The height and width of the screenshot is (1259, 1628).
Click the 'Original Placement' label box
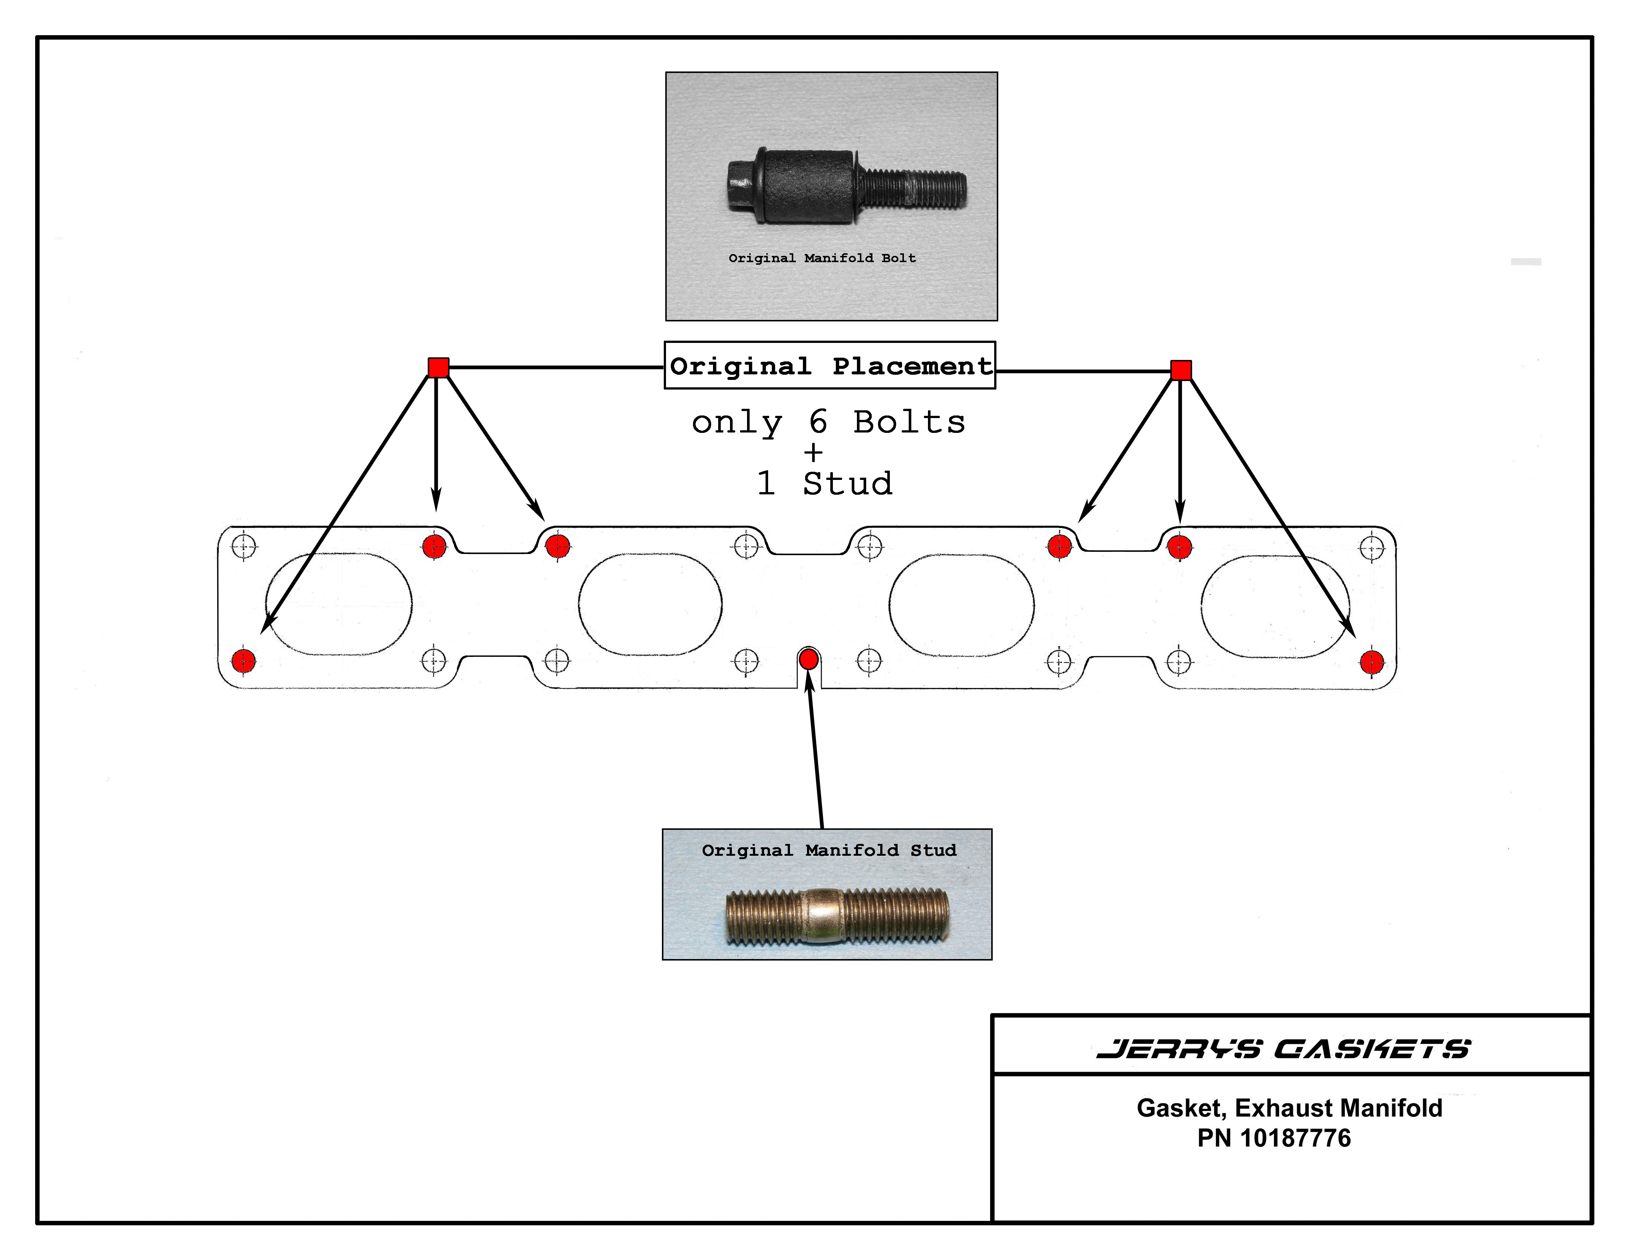click(830, 365)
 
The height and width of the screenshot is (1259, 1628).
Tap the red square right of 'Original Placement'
click(1181, 370)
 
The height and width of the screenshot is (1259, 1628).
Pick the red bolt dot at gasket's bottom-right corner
click(1372, 662)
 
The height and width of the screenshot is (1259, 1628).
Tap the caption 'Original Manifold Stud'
click(828, 850)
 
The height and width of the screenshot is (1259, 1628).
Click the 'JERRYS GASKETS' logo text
click(1283, 1049)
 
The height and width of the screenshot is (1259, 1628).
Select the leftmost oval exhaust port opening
click(339, 604)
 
